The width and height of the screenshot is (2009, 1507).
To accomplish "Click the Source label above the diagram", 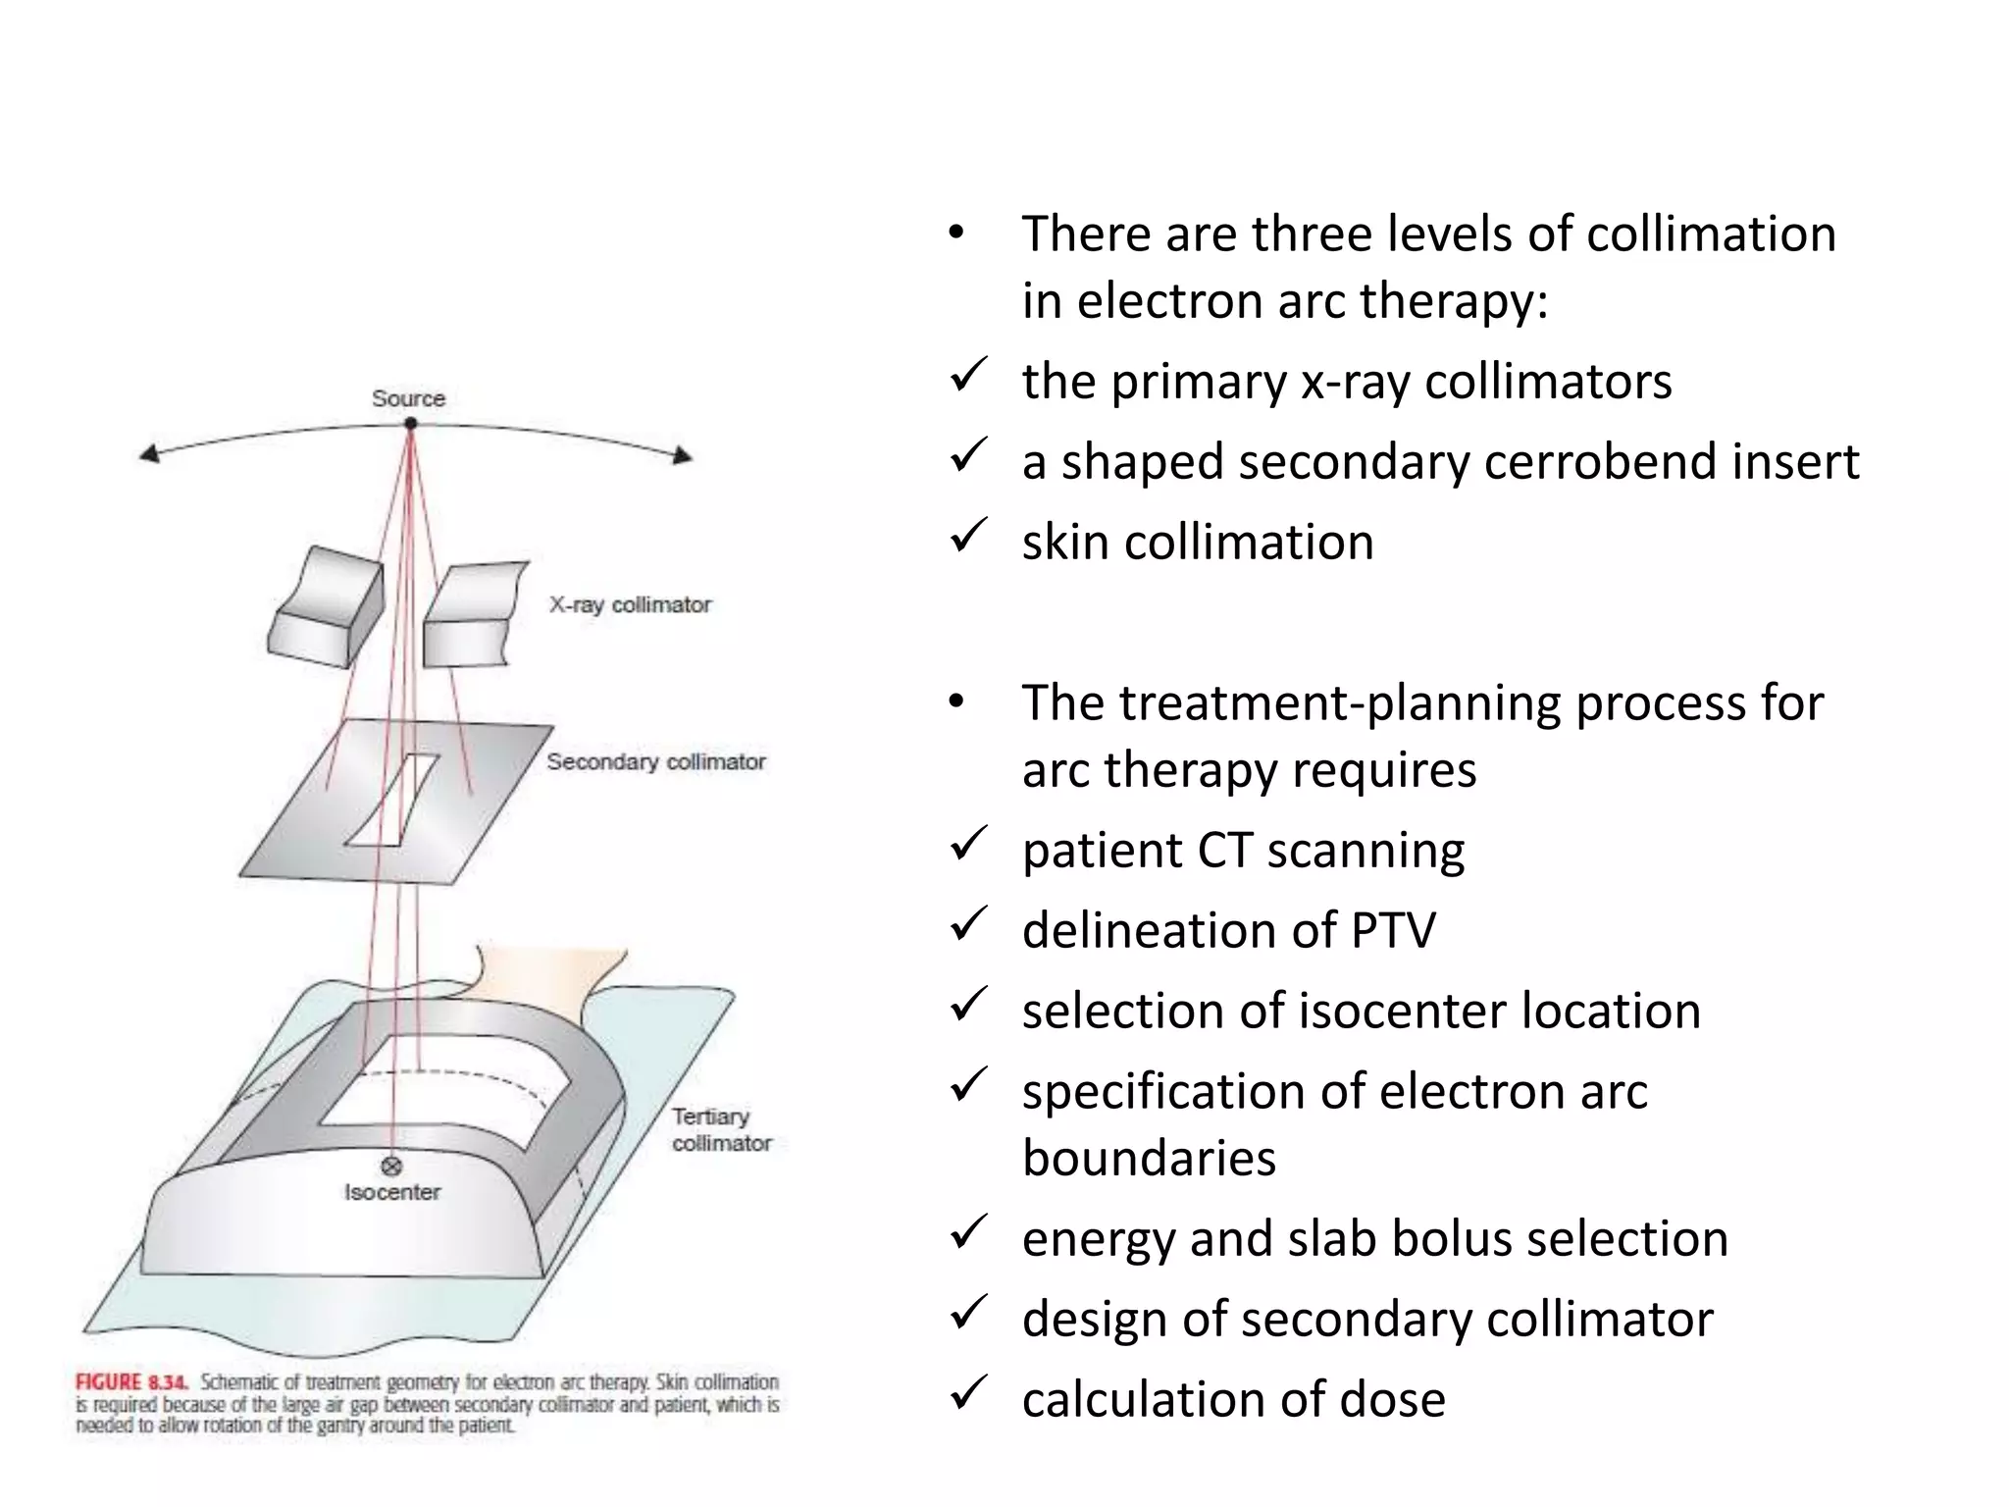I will pos(408,398).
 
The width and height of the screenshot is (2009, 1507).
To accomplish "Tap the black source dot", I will pos(411,424).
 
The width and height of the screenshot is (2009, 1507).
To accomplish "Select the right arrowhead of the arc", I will pos(683,455).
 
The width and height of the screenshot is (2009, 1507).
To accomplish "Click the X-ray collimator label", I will pos(630,605).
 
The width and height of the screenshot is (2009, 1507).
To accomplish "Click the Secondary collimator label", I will pos(655,762).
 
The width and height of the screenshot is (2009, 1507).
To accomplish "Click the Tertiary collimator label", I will pos(721,1130).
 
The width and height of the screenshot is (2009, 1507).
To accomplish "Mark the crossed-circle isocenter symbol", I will pos(391,1166).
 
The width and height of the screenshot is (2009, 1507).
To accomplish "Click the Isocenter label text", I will pos(391,1193).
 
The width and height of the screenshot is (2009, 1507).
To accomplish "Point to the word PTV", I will pos(1392,930).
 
